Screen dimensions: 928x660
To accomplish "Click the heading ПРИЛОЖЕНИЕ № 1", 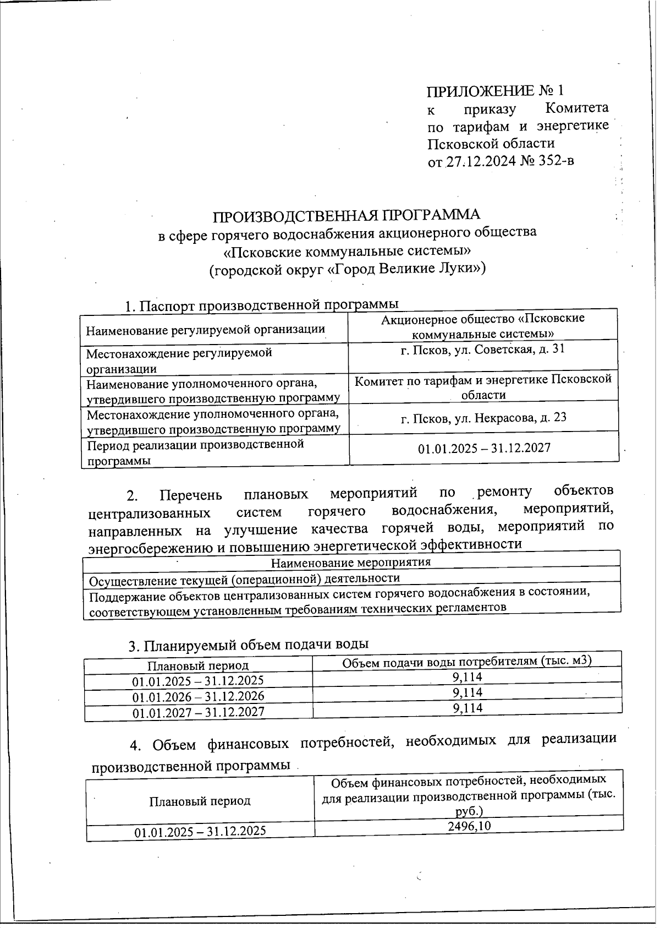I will coord(496,90).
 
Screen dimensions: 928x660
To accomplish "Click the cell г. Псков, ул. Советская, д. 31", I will coord(483,350).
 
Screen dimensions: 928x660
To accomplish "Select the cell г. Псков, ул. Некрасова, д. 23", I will coord(483,418).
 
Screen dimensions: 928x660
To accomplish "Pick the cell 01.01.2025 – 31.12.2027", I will coord(484,449).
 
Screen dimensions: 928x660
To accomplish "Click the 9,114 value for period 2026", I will coord(468,692).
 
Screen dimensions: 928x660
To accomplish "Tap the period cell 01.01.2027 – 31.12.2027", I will coord(198,712).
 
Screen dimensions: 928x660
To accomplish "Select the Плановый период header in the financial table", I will coord(200,801).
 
